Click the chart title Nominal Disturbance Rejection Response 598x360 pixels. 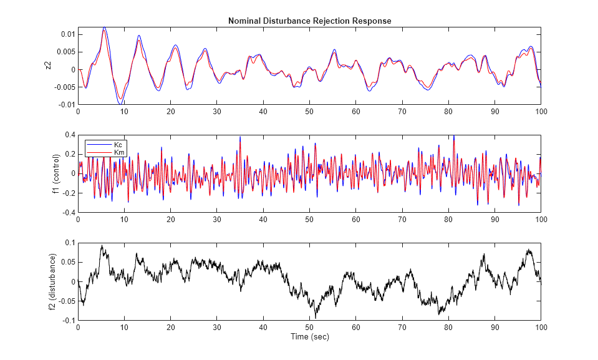point(309,21)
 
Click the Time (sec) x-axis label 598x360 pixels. point(309,337)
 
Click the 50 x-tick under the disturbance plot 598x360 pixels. point(309,327)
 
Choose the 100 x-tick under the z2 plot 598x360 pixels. point(541,111)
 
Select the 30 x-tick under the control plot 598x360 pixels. point(216,219)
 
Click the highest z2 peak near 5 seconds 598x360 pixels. point(104,27)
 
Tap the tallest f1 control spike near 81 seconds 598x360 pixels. point(454,135)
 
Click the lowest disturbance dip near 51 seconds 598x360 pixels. point(316,318)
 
